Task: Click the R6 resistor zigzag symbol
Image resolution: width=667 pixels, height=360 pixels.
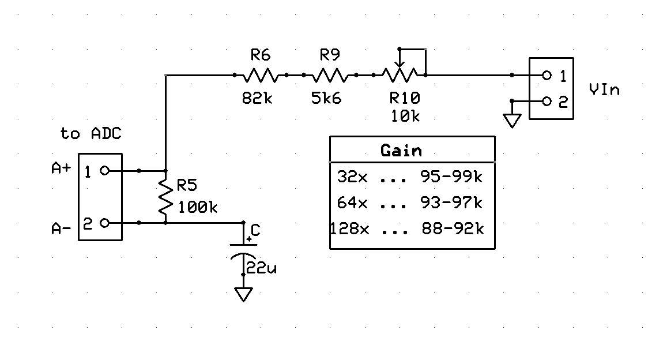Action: [261, 76]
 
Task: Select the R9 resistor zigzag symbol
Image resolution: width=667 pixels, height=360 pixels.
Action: [330, 76]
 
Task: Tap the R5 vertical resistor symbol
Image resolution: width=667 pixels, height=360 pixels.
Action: [166, 197]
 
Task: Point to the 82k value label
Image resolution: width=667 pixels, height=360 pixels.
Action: [257, 98]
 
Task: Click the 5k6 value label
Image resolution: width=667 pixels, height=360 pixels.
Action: [326, 98]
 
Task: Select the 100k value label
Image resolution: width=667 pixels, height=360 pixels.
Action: [197, 207]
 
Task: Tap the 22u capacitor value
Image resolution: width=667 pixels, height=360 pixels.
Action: [261, 268]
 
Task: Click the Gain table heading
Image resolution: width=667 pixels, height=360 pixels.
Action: [401, 151]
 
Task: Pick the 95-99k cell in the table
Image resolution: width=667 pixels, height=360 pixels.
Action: [451, 177]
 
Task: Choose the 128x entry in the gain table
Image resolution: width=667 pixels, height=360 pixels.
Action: [350, 229]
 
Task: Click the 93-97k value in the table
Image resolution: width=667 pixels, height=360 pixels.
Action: [451, 202]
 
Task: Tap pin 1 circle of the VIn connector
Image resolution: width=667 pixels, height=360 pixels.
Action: [547, 76]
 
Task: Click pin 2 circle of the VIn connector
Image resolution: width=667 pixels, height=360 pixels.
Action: [547, 102]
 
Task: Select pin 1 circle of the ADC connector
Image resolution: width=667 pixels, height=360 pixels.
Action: [105, 171]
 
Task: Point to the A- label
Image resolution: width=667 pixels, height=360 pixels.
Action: [61, 229]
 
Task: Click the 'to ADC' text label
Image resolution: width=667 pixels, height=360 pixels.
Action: [91, 134]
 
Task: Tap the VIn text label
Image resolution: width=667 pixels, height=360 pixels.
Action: [605, 90]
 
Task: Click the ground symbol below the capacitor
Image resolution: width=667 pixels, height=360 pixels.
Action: [243, 294]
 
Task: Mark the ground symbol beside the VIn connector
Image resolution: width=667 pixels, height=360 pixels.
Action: [512, 121]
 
